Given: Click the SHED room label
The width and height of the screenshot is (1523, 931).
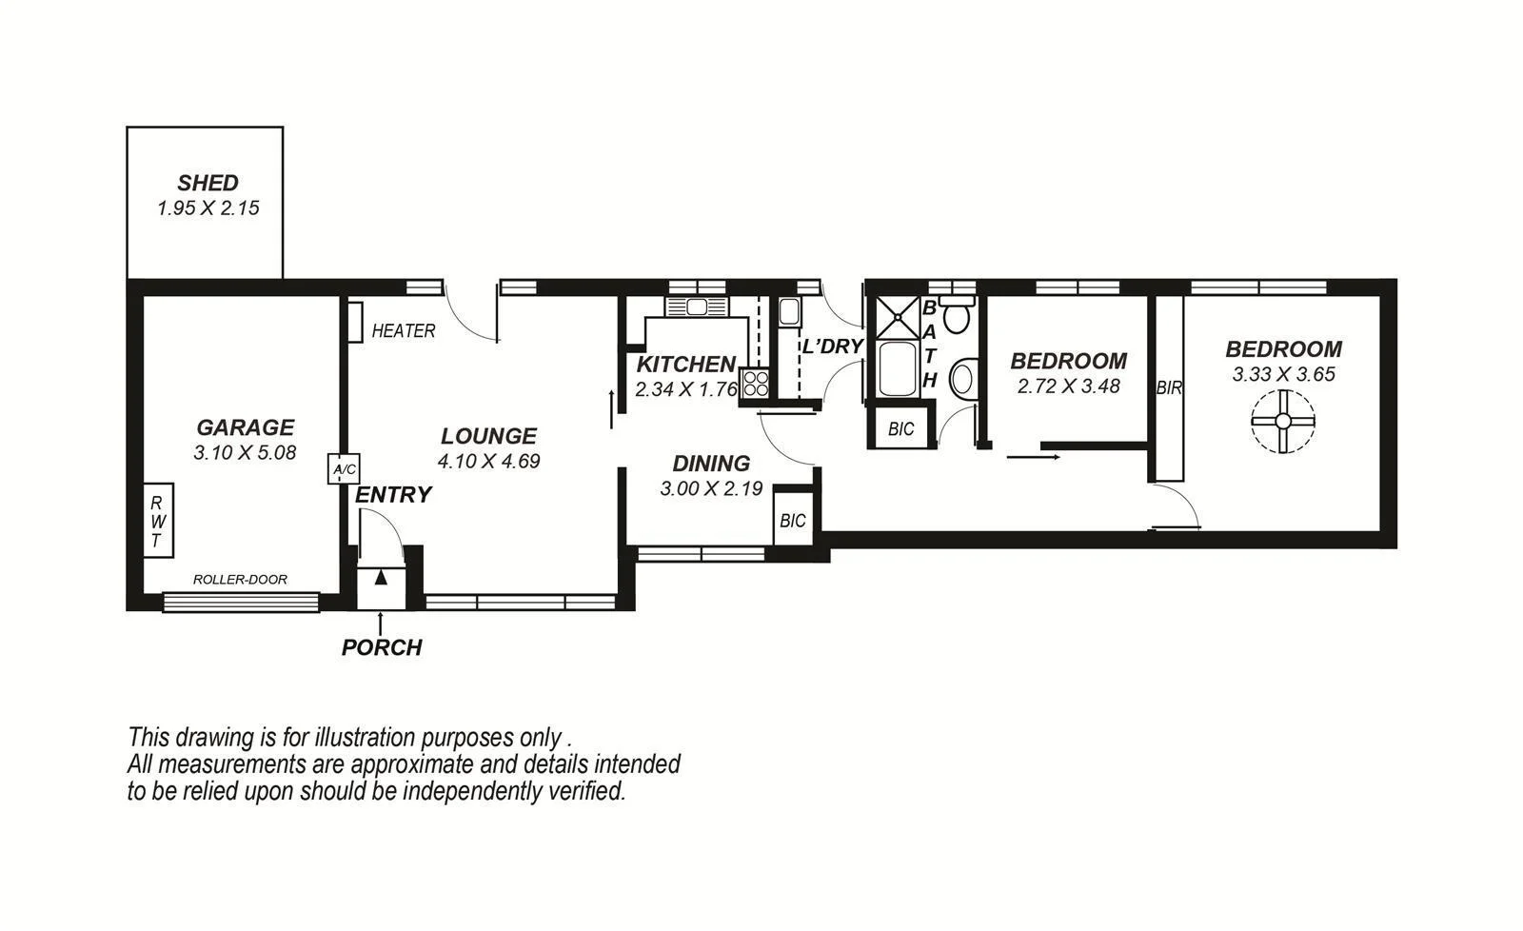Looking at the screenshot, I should [x=208, y=183].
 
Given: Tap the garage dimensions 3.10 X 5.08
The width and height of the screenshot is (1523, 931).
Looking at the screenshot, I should [x=245, y=453].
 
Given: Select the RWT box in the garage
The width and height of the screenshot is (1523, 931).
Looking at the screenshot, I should [x=158, y=521].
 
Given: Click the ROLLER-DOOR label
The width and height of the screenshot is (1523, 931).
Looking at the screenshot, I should [x=240, y=580].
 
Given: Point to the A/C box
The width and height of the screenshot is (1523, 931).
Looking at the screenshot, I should [x=343, y=469].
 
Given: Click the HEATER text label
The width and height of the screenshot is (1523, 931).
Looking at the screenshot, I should [x=403, y=331].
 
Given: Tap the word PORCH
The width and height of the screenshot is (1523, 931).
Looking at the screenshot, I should [x=382, y=648].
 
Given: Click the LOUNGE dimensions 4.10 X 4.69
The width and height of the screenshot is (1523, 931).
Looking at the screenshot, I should [x=488, y=462].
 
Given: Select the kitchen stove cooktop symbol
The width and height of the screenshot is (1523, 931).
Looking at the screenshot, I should [x=756, y=383].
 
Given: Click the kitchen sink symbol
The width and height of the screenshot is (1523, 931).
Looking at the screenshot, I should [x=695, y=307].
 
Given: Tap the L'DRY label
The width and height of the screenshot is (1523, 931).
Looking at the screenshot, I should [x=831, y=347].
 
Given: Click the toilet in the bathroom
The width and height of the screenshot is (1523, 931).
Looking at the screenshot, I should [x=956, y=315].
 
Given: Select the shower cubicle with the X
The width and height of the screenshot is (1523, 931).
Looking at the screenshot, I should [x=894, y=317].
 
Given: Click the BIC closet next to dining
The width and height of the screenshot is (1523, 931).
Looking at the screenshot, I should [x=792, y=521].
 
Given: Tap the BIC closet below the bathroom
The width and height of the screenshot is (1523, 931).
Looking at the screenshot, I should [x=900, y=429].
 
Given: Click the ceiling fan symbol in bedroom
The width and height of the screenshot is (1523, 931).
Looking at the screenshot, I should [x=1282, y=421].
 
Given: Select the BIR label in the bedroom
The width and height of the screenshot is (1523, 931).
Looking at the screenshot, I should [x=1169, y=388].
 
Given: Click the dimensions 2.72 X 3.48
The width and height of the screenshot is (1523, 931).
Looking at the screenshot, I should [x=1068, y=386].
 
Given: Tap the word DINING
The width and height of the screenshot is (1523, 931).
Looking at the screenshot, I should [x=711, y=464].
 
